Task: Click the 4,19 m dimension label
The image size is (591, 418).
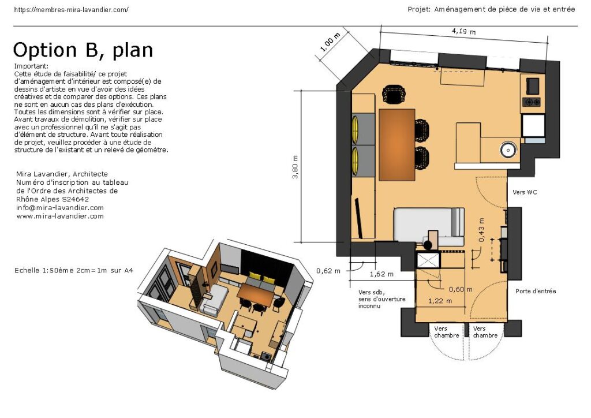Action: [463, 31]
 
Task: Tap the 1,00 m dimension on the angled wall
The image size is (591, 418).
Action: [330, 42]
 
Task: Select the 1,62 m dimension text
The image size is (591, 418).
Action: [381, 274]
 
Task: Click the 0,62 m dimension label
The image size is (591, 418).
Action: [328, 271]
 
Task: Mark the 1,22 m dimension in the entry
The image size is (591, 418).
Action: [440, 301]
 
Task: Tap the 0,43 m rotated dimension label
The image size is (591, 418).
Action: [481, 230]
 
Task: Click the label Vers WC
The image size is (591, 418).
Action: [525, 192]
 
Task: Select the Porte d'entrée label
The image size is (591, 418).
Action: [536, 291]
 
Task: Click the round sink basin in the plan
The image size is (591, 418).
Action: [508, 150]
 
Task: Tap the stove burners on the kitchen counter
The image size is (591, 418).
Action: [531, 102]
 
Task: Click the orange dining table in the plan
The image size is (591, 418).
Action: [397, 145]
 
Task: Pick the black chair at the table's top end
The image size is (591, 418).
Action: [394, 94]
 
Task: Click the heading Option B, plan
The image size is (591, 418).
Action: [83, 50]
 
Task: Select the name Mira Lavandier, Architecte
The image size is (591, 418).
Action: [62, 174]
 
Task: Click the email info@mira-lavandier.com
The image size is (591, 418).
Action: [59, 208]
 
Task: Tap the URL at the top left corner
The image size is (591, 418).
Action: [71, 10]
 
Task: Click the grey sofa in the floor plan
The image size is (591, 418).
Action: [429, 225]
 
